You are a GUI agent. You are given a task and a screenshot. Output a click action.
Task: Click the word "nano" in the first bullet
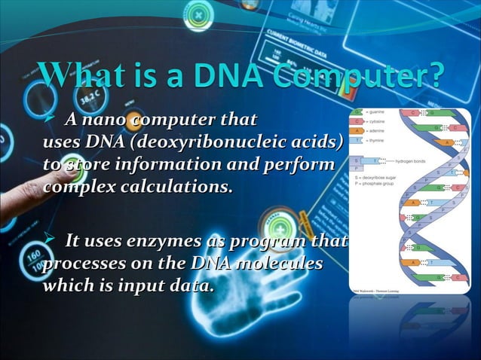point(108,121)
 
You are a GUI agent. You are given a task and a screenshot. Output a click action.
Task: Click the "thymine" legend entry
point(375,139)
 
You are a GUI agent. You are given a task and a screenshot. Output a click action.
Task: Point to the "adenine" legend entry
point(375,130)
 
